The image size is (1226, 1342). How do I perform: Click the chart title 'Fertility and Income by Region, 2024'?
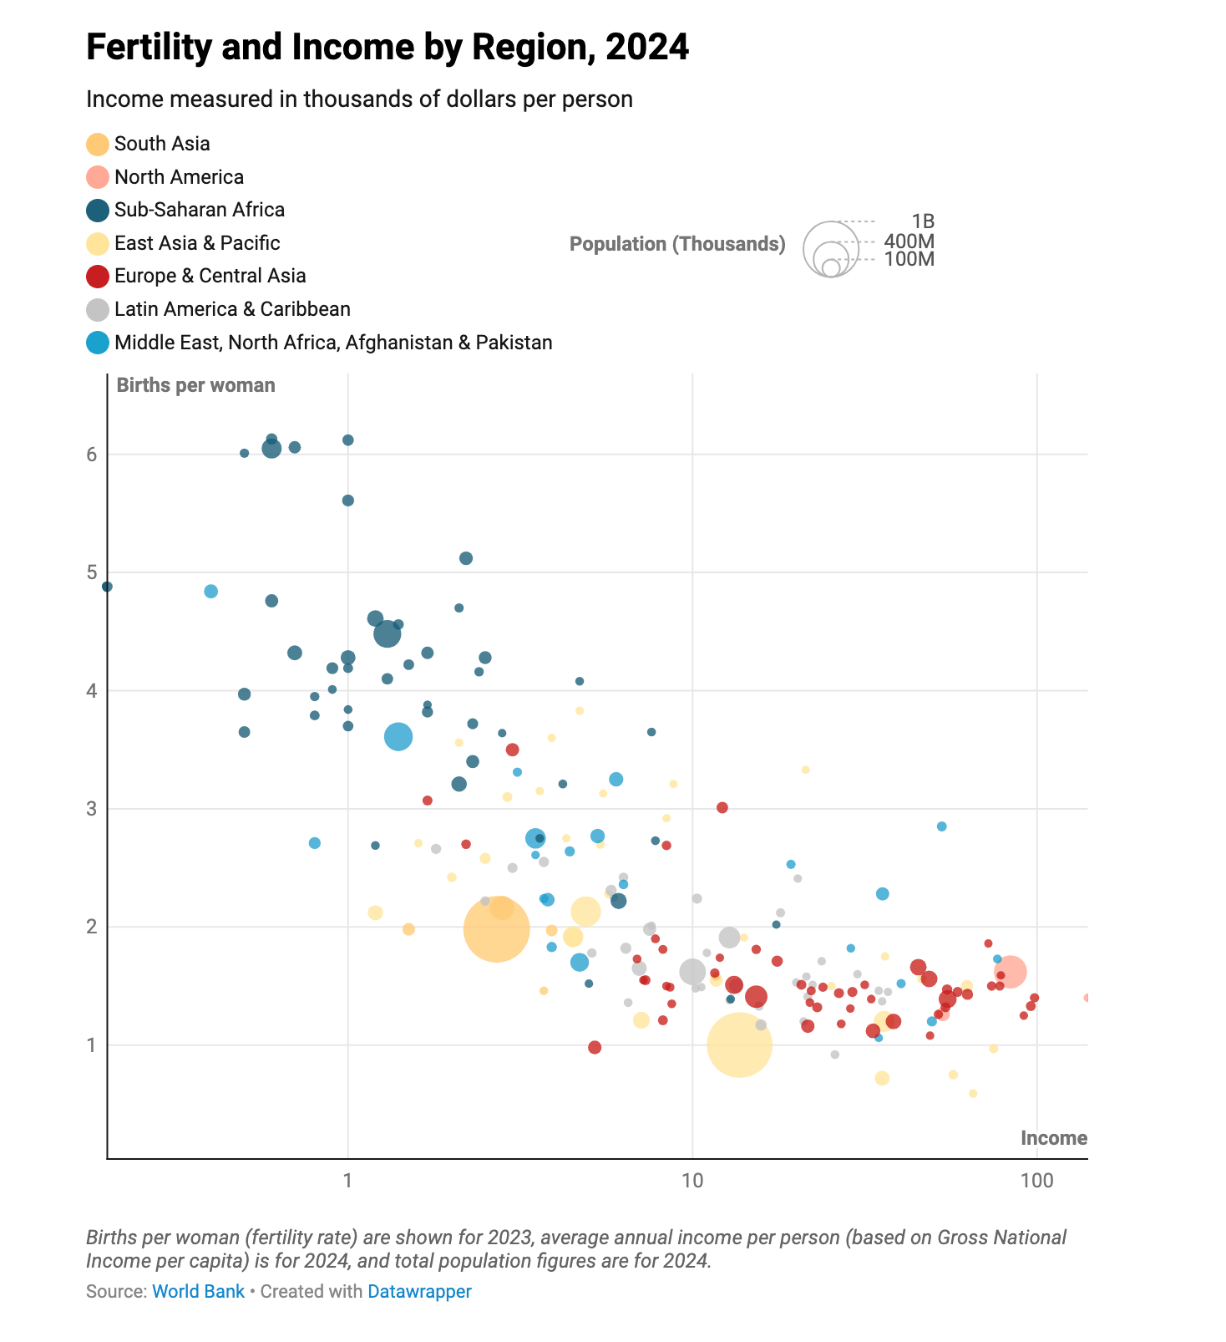pos(388,48)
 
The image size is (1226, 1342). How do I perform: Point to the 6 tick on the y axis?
pos(92,455)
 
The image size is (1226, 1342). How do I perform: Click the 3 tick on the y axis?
pos(92,809)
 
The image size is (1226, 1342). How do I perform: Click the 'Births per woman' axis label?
pos(195,385)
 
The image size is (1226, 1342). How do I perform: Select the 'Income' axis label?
pos(1053,1138)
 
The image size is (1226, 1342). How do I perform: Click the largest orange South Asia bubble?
pos(496,929)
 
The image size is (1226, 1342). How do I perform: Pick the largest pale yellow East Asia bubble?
pos(739,1045)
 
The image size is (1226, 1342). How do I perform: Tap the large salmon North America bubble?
pos(1010,971)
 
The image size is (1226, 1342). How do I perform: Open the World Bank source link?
pos(198,1291)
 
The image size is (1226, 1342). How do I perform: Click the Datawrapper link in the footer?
pos(419,1291)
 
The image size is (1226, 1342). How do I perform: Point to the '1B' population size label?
pos(922,221)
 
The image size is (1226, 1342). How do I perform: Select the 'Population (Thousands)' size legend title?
pos(677,244)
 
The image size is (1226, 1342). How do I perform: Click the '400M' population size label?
pos(909,241)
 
